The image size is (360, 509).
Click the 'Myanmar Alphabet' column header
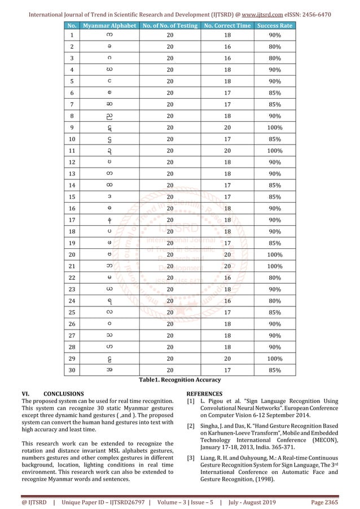(108, 26)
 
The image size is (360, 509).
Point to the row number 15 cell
(71, 213)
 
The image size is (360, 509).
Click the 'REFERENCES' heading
(204, 393)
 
